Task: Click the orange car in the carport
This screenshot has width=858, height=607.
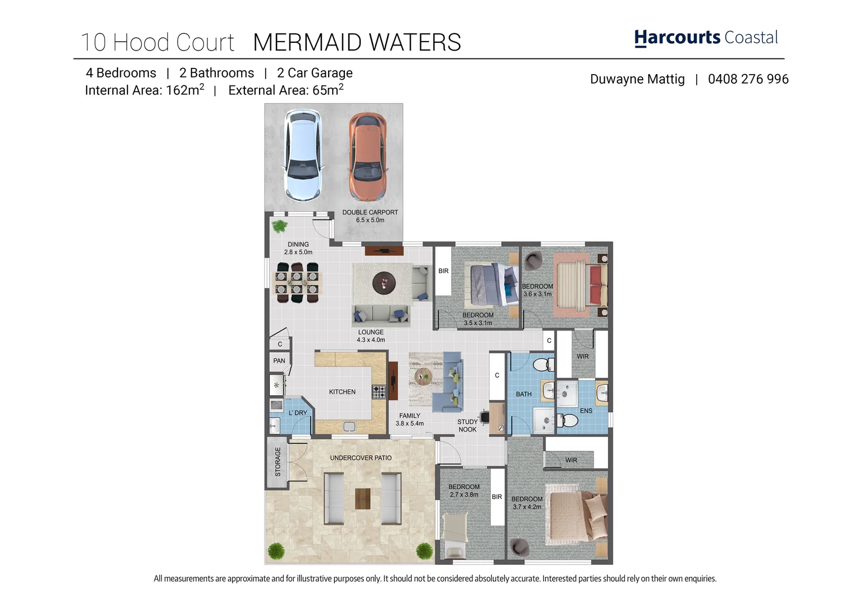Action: tap(367, 156)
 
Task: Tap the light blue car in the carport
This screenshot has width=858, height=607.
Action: tap(303, 156)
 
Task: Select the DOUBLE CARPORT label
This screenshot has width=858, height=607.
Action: tap(370, 212)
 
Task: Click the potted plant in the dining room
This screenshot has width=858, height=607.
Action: tap(279, 227)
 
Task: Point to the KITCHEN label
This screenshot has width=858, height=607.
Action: tap(342, 392)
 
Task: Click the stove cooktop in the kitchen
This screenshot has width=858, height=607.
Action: tap(379, 392)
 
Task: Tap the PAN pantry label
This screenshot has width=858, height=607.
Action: tap(279, 361)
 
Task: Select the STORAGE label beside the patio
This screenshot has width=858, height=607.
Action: tap(278, 461)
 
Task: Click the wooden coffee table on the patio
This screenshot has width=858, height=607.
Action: tap(363, 499)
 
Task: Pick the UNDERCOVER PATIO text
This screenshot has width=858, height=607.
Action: tap(361, 458)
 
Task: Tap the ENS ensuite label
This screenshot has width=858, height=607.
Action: tap(586, 411)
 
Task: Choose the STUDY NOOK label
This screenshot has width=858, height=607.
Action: tap(467, 425)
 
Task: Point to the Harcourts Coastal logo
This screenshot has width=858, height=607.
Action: tap(706, 38)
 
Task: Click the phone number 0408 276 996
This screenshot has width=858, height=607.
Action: tap(748, 79)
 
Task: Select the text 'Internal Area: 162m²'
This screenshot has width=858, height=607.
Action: tap(144, 90)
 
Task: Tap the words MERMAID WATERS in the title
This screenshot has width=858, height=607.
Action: tap(357, 43)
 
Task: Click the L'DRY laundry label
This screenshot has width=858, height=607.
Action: tap(298, 413)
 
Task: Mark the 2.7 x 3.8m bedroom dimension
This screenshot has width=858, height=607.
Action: tap(464, 495)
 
